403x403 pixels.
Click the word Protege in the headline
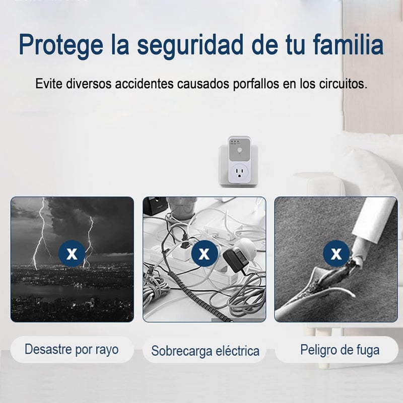click(61, 45)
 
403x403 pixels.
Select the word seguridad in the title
click(190, 45)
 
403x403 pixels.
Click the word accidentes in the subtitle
click(144, 84)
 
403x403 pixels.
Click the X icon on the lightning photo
click(72, 254)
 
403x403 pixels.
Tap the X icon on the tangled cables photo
click(205, 254)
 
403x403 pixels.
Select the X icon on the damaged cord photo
click(336, 254)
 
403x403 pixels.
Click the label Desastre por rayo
click(72, 350)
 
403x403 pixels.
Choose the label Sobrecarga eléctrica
click(205, 351)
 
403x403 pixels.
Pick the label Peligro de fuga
click(340, 350)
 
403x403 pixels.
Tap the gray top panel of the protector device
click(239, 149)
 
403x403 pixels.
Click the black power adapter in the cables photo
click(236, 260)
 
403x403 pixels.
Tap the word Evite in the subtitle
click(48, 84)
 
